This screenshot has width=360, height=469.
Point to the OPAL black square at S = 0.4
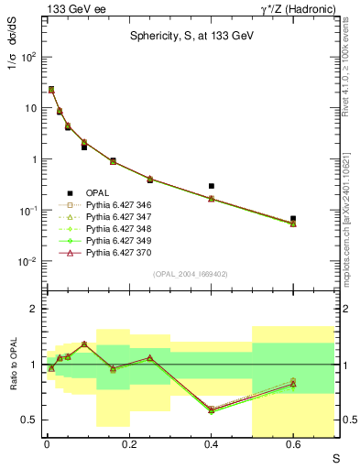pyautogui.click(x=212, y=186)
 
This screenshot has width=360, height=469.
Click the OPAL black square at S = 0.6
pyautogui.click(x=293, y=219)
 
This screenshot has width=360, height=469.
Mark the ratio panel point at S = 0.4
pyautogui.click(x=212, y=409)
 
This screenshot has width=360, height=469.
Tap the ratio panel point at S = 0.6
pyautogui.click(x=293, y=383)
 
